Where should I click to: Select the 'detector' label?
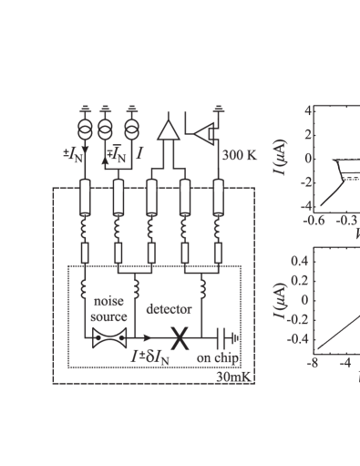point(169,309)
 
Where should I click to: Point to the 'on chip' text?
point(218,358)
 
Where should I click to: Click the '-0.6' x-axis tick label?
point(315,220)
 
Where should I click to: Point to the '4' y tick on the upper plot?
point(308,110)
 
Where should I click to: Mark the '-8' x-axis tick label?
point(314,362)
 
